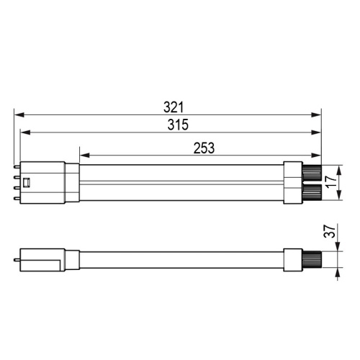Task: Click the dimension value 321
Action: [x=173, y=107]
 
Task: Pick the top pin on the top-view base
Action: [x=17, y=166]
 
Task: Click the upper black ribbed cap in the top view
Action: [x=310, y=174]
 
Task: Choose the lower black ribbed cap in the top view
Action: [x=310, y=192]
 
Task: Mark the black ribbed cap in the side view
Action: [x=310, y=260]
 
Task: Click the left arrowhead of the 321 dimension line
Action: [x=18, y=114]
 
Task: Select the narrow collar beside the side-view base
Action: [x=72, y=260]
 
